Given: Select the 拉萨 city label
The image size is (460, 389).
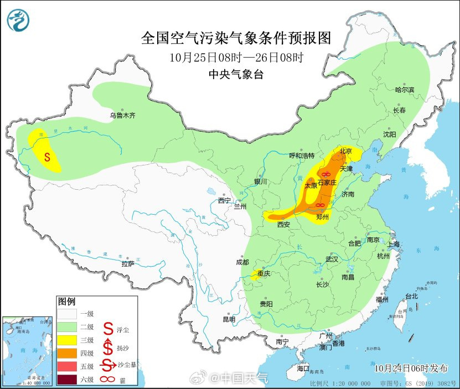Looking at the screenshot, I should point(128,263).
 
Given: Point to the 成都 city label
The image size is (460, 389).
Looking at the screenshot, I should point(242,262).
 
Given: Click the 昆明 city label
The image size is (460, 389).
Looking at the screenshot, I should point(229,319).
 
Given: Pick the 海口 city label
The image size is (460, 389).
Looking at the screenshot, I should point(303,368).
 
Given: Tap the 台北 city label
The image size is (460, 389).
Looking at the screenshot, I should point(412,296).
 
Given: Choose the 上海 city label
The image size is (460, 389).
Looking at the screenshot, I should point(394,244).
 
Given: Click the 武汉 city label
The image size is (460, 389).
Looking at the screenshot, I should point(332,259).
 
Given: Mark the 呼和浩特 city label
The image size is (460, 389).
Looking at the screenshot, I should point(302,155).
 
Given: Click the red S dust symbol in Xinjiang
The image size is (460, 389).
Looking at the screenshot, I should point(47,157).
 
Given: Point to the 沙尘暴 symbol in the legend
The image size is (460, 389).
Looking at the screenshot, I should point(108,365).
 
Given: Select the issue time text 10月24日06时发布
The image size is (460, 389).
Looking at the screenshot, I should point(409,367).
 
